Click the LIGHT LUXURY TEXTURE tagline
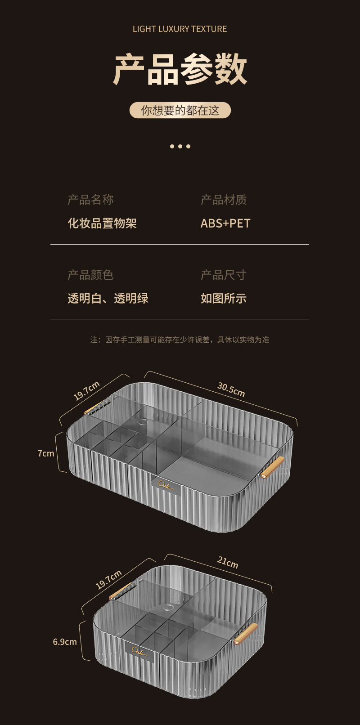(x=180, y=29)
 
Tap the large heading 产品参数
(x=180, y=70)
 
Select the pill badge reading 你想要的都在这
(x=180, y=110)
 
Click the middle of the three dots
(x=180, y=146)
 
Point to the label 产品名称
(x=90, y=200)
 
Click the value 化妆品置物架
(x=102, y=223)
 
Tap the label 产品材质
(x=224, y=200)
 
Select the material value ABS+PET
(x=225, y=223)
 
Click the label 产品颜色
(x=90, y=275)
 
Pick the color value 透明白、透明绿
(x=108, y=298)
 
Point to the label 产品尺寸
(x=224, y=275)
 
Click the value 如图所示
(x=224, y=298)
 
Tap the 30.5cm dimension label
(x=231, y=389)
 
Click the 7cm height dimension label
(x=46, y=453)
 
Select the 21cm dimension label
(x=228, y=562)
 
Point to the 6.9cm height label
(x=65, y=642)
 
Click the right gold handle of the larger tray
(x=273, y=467)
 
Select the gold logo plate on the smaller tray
(x=139, y=651)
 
